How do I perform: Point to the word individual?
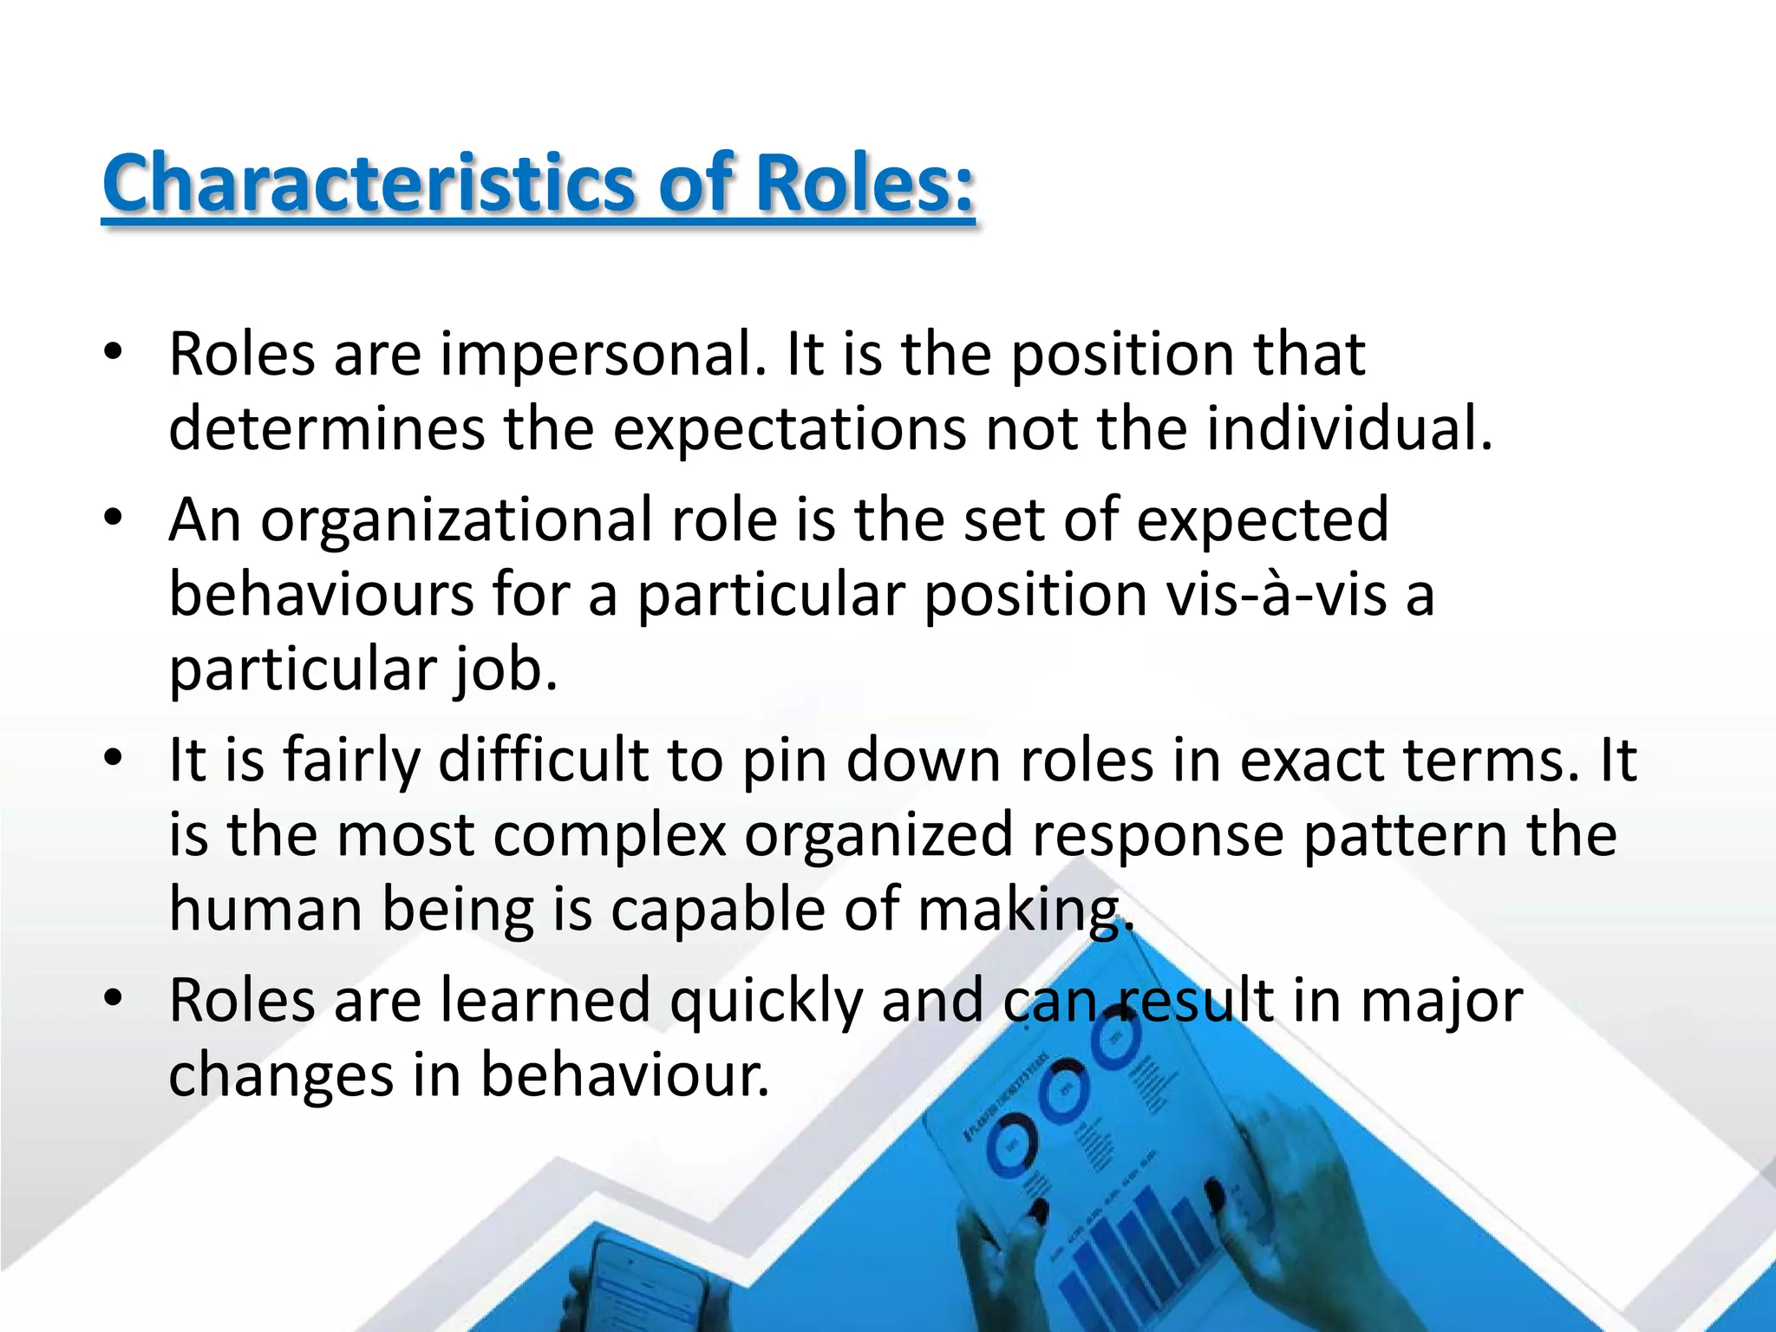tap(1349, 429)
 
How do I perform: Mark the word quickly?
tap(766, 1001)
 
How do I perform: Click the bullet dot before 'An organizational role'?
tap(112, 519)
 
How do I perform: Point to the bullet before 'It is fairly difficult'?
tap(112, 759)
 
